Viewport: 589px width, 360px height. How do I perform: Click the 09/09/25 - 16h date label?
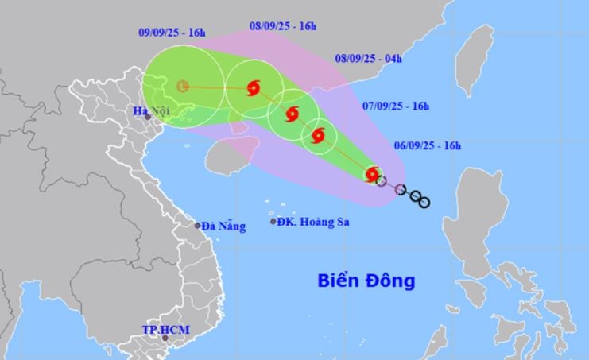[x=172, y=33]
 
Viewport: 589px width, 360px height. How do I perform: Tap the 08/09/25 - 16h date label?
[x=282, y=26]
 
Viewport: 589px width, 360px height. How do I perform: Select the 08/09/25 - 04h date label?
[x=368, y=58]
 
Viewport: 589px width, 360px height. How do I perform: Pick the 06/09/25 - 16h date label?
[x=427, y=145]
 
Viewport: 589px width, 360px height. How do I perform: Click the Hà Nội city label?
[x=149, y=108]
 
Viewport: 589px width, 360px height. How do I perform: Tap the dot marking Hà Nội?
[x=148, y=117]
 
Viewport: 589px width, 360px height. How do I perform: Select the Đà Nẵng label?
[x=223, y=226]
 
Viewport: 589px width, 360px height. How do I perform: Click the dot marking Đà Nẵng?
[x=198, y=226]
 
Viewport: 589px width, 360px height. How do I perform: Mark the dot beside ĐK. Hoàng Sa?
[x=273, y=222]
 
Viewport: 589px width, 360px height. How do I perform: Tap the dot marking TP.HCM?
[x=165, y=339]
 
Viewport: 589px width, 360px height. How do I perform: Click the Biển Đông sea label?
[x=366, y=281]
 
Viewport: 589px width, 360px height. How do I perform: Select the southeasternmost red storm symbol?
[x=373, y=174]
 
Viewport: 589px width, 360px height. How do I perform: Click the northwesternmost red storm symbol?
[x=254, y=88]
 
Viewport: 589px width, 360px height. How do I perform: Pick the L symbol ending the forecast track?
[x=182, y=86]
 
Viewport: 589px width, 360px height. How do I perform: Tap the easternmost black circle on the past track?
[x=424, y=203]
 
